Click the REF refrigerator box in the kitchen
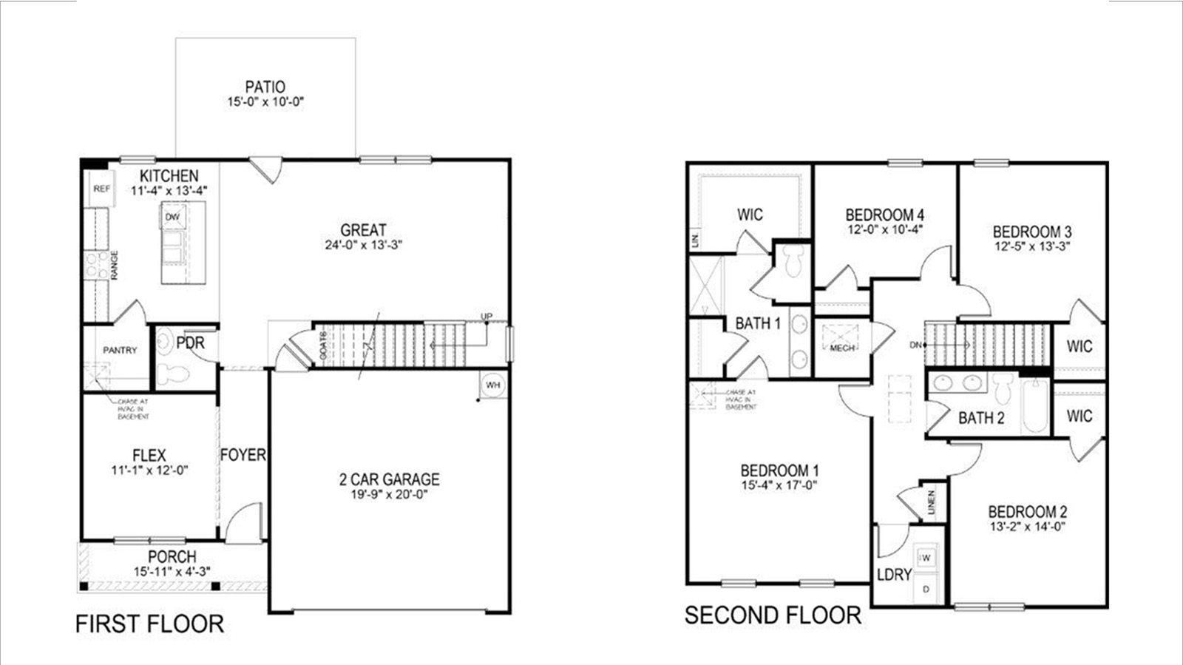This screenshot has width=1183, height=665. (x=101, y=189)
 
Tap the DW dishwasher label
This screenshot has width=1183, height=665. (x=172, y=217)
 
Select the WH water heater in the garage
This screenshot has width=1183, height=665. (x=493, y=385)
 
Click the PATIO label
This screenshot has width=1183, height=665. (x=265, y=87)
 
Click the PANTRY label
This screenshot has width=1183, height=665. (x=120, y=350)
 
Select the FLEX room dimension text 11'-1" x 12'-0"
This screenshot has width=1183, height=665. (x=150, y=470)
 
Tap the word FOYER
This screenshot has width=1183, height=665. (x=243, y=455)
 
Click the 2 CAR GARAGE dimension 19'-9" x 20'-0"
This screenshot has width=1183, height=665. (x=390, y=494)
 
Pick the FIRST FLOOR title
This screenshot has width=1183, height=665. (x=149, y=624)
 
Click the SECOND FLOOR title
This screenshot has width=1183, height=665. (x=773, y=615)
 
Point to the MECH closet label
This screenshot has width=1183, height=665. (x=842, y=348)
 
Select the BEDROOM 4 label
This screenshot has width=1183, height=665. (x=885, y=215)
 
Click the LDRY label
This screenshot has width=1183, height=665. (x=894, y=575)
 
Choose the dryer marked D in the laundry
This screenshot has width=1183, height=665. (x=927, y=590)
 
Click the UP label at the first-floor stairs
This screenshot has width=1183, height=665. (x=487, y=317)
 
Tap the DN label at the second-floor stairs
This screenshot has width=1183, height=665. (x=916, y=345)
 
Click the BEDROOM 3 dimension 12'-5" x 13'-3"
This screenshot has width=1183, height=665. (x=1032, y=246)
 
